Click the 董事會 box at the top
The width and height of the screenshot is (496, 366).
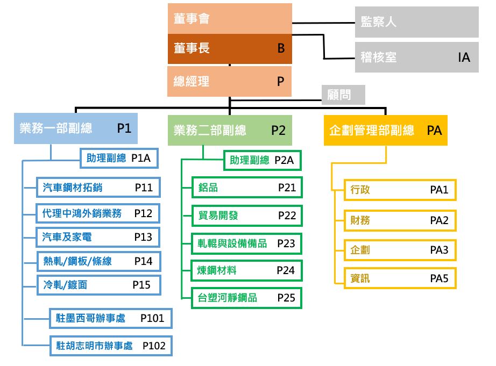tap(230, 19)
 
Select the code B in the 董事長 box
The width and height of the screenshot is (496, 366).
tap(281, 48)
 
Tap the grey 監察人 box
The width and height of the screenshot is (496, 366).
tap(416, 22)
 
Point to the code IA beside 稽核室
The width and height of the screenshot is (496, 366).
tap(464, 58)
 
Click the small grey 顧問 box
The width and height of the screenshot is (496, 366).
tap(343, 95)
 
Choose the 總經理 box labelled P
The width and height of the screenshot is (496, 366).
tap(229, 81)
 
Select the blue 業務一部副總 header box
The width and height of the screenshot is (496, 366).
tap(76, 128)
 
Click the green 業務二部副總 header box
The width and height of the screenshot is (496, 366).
tap(230, 130)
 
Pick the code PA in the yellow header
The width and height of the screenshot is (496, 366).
tap(434, 130)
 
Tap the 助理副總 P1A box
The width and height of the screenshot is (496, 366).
tap(119, 158)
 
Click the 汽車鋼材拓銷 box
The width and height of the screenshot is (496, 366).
tap(98, 188)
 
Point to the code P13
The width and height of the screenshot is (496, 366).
tap(143, 237)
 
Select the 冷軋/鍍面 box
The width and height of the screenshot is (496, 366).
tap(98, 285)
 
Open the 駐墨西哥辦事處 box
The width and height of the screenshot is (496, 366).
tap(111, 318)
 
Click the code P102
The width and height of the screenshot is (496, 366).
tap(154, 346)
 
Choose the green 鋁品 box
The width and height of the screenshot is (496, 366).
tap(247, 188)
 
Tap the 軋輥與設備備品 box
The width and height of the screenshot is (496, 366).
tap(246, 243)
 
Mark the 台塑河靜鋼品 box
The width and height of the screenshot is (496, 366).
tap(247, 298)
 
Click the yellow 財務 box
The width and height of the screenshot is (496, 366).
tap(400, 220)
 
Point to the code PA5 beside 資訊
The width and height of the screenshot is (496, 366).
tap(439, 278)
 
